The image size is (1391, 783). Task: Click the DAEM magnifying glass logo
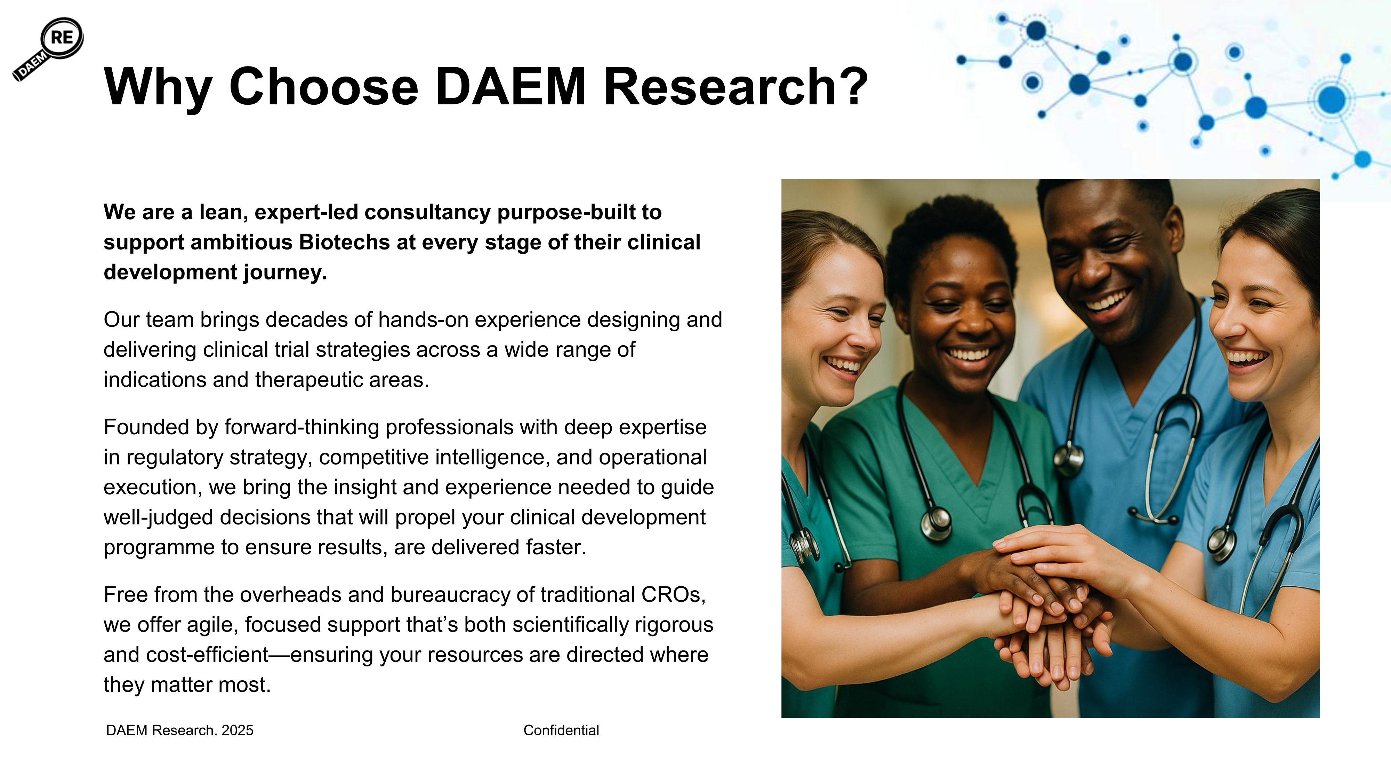click(x=48, y=49)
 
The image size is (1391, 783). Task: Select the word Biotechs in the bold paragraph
click(x=344, y=242)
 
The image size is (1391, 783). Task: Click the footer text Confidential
click(x=561, y=730)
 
